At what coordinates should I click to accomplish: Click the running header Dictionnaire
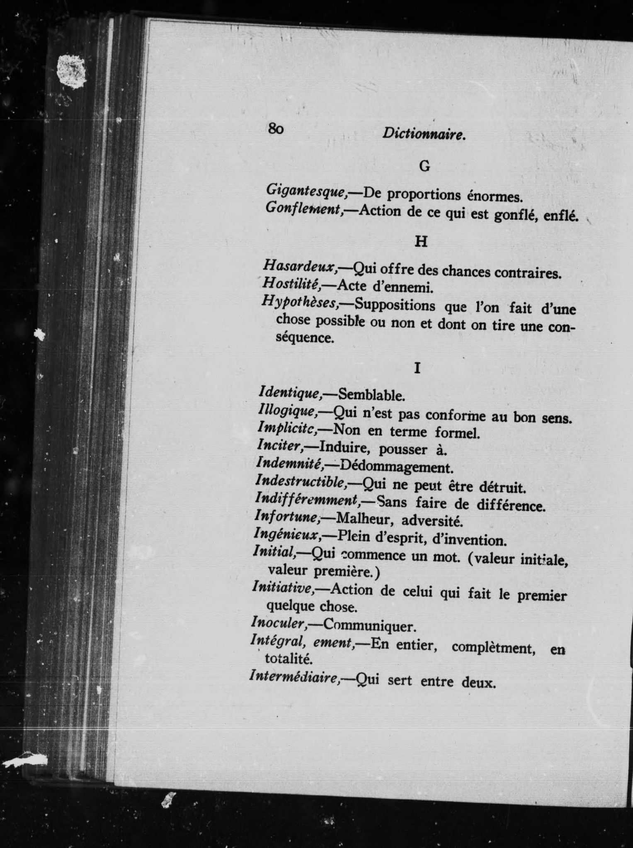[x=423, y=134]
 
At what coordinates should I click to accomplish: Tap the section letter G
[x=424, y=166]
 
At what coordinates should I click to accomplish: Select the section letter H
[x=421, y=241]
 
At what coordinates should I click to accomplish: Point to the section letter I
[x=417, y=368]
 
